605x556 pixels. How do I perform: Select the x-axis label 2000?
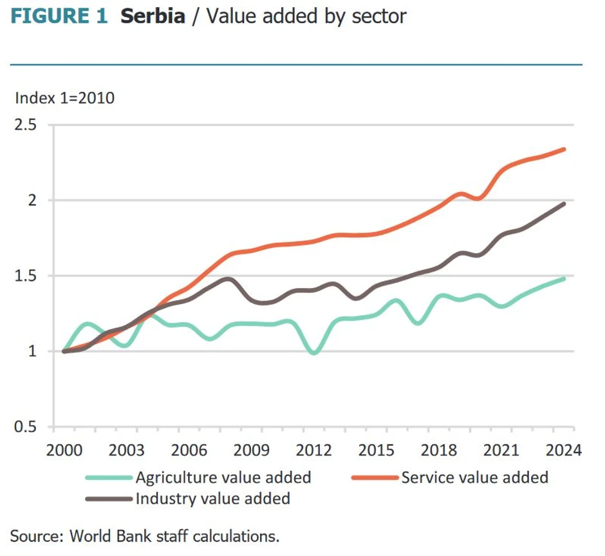click(64, 449)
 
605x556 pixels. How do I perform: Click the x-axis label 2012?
click(313, 449)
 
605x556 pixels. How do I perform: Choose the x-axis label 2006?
click(189, 449)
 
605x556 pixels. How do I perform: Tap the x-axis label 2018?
click(438, 449)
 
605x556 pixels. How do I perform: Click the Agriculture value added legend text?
click(223, 477)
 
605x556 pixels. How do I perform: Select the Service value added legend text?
click(474, 477)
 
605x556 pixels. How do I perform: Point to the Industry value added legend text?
click(212, 498)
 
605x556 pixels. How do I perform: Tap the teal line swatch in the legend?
click(109, 477)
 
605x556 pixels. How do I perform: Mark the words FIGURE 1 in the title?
click(59, 17)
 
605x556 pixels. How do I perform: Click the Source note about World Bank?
click(145, 535)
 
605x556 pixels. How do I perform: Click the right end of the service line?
click(564, 149)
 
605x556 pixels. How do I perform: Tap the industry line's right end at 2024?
click(564, 204)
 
